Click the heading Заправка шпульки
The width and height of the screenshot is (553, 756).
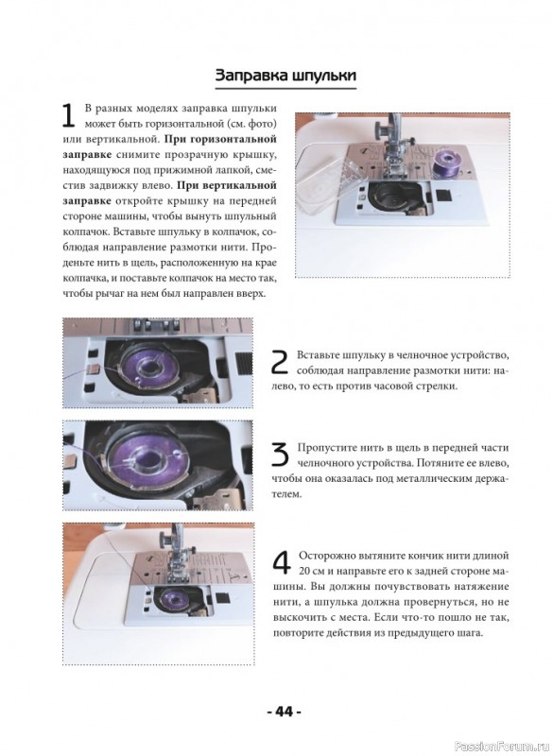(x=285, y=76)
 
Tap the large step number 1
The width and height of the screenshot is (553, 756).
(x=68, y=115)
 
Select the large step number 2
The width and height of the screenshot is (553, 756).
(x=280, y=362)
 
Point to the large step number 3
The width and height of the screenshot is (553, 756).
(x=280, y=455)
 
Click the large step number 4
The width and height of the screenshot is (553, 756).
(x=282, y=562)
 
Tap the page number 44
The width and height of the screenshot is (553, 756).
(x=285, y=712)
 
